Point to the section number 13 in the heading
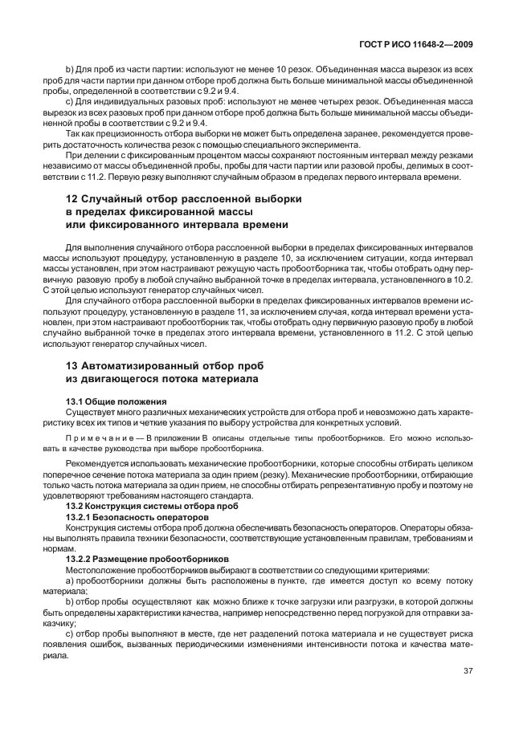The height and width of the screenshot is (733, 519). pyautogui.click(x=72, y=365)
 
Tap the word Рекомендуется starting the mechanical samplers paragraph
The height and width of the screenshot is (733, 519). pyautogui.click(x=99, y=464)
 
